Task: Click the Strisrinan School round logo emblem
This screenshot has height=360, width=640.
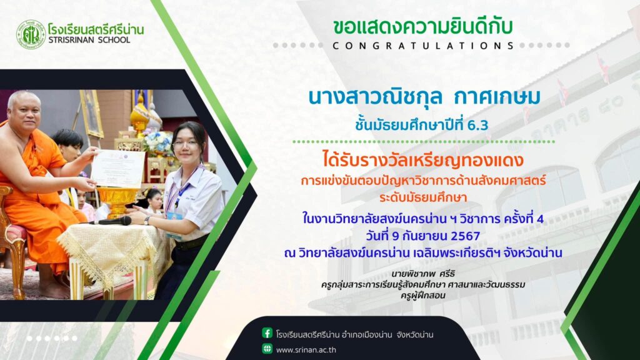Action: (x=31, y=35)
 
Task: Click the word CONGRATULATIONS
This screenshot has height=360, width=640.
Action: (x=424, y=46)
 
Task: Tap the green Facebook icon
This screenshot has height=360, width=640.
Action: (x=267, y=333)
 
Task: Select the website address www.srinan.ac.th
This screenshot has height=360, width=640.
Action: (x=306, y=350)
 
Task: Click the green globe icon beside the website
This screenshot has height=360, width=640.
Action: (x=267, y=349)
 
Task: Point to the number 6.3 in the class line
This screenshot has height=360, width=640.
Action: (x=477, y=125)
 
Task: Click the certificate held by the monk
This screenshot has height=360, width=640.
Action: (x=117, y=167)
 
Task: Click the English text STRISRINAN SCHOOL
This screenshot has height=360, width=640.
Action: (x=89, y=40)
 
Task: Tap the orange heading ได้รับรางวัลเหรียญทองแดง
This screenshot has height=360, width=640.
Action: (x=423, y=160)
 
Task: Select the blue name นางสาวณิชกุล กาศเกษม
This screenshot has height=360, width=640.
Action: (x=424, y=97)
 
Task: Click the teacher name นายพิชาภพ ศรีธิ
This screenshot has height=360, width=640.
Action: (x=423, y=274)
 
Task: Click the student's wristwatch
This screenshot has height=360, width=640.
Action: (x=146, y=220)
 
